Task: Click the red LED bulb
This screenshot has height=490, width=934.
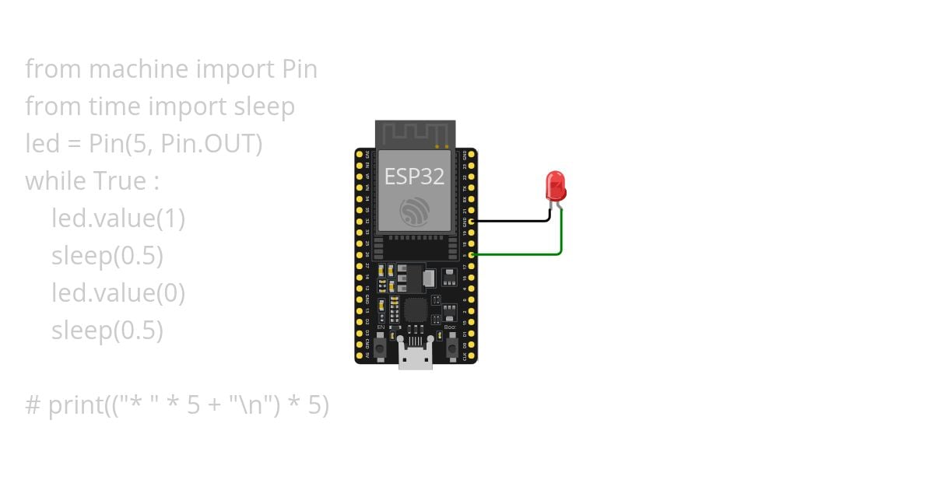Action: [557, 186]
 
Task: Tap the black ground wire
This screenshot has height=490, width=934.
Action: [514, 221]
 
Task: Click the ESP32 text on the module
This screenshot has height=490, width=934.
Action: [414, 177]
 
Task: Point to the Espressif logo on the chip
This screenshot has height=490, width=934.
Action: [414, 212]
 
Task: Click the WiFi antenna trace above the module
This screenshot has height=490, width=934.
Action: [414, 133]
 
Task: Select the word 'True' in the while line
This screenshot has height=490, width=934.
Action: [120, 181]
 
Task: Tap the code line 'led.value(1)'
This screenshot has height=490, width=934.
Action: [118, 219]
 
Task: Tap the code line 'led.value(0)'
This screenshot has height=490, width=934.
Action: [118, 293]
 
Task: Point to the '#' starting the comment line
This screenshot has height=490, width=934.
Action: [33, 405]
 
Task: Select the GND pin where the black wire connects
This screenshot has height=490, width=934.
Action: [472, 222]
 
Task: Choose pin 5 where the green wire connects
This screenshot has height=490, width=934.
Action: [472, 254]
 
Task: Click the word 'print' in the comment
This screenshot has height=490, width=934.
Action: [75, 405]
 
